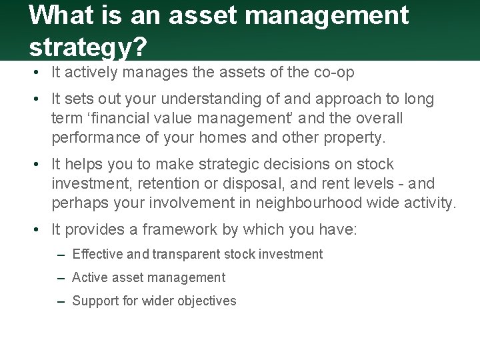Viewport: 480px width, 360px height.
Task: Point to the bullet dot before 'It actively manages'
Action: [39, 73]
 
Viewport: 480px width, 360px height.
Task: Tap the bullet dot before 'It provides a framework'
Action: [39, 231]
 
